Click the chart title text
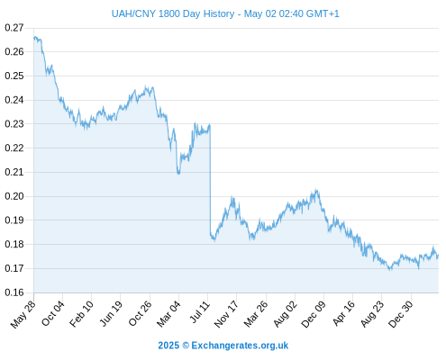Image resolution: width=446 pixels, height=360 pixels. coord(225,13)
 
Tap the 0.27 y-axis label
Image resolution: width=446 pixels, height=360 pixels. coord(14,28)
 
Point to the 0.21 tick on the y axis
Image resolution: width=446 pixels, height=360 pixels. coord(14,172)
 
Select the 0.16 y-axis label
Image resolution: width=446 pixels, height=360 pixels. coord(14,292)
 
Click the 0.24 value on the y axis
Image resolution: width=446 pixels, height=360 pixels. coord(14,100)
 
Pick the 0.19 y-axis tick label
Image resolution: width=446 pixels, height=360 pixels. coord(14,220)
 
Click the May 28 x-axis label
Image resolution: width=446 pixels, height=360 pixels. coord(23,314)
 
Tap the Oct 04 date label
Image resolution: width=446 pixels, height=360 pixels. coord(53,313)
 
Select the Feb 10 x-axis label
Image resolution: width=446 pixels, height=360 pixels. coord(81,314)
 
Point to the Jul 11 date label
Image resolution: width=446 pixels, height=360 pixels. coord(200,312)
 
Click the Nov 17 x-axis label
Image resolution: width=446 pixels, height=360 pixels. coord(226,314)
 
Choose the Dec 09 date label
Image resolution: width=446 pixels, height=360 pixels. coord(314,314)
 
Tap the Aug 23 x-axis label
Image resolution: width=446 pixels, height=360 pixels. coord(372,314)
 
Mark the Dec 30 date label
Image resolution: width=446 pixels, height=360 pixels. coord(400,314)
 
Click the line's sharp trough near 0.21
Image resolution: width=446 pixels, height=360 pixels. coord(178,174)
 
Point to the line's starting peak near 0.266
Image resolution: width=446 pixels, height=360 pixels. coord(35,37)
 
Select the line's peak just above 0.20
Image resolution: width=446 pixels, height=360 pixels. coord(316,190)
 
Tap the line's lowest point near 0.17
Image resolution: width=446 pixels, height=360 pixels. coord(390,270)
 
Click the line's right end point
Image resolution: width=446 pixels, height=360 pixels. coord(439,256)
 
